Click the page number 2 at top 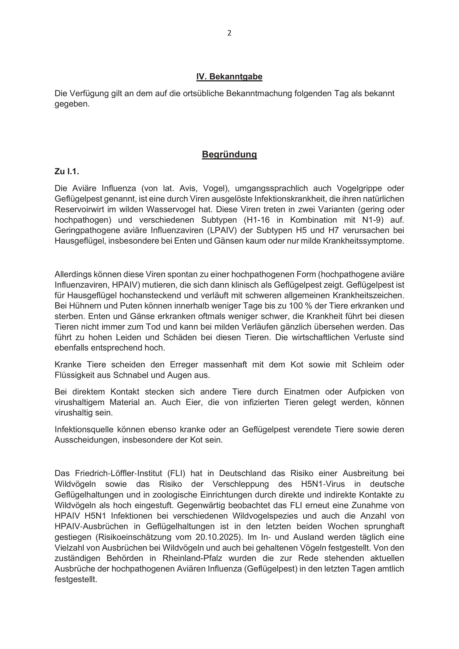[229, 33]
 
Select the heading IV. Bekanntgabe [229, 77]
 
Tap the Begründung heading [229, 154]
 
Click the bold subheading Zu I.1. [67, 172]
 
